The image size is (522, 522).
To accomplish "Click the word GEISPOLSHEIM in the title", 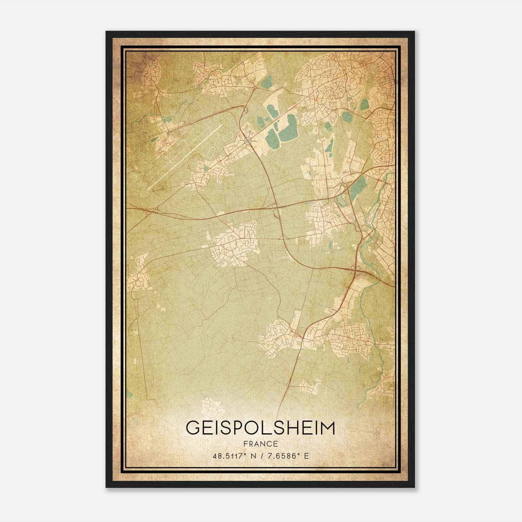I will coord(260,428).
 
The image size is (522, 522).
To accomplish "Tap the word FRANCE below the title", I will coord(260,444).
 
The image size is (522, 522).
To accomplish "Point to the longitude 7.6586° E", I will coord(288,456).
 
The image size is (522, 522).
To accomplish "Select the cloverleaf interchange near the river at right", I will coord(356,269).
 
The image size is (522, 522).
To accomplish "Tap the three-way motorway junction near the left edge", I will coord(157,209).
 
